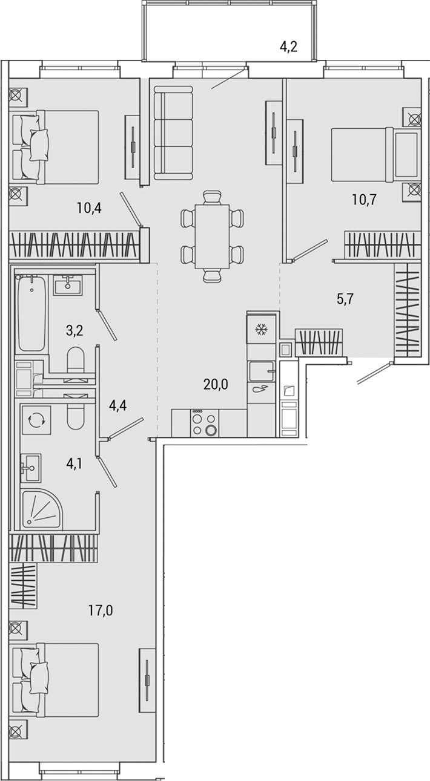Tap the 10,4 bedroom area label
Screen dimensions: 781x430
(88, 209)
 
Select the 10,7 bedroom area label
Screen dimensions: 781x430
(364, 200)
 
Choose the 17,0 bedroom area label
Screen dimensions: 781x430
(101, 610)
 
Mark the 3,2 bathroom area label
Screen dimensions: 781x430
(74, 330)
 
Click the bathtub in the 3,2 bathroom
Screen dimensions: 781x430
(32, 313)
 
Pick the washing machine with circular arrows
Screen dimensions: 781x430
(35, 419)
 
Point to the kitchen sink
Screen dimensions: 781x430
(261, 371)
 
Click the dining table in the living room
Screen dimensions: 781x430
(211, 236)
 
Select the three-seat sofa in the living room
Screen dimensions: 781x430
(173, 132)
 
